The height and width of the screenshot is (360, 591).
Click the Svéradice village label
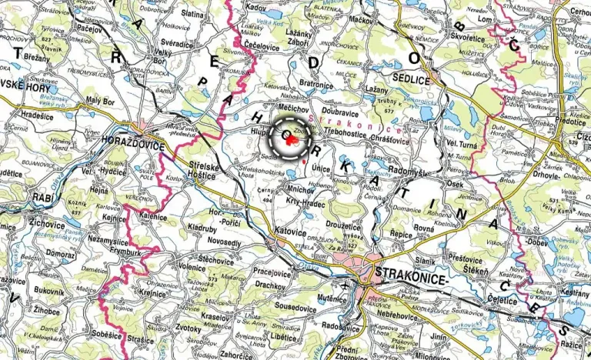coord(176,45)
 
